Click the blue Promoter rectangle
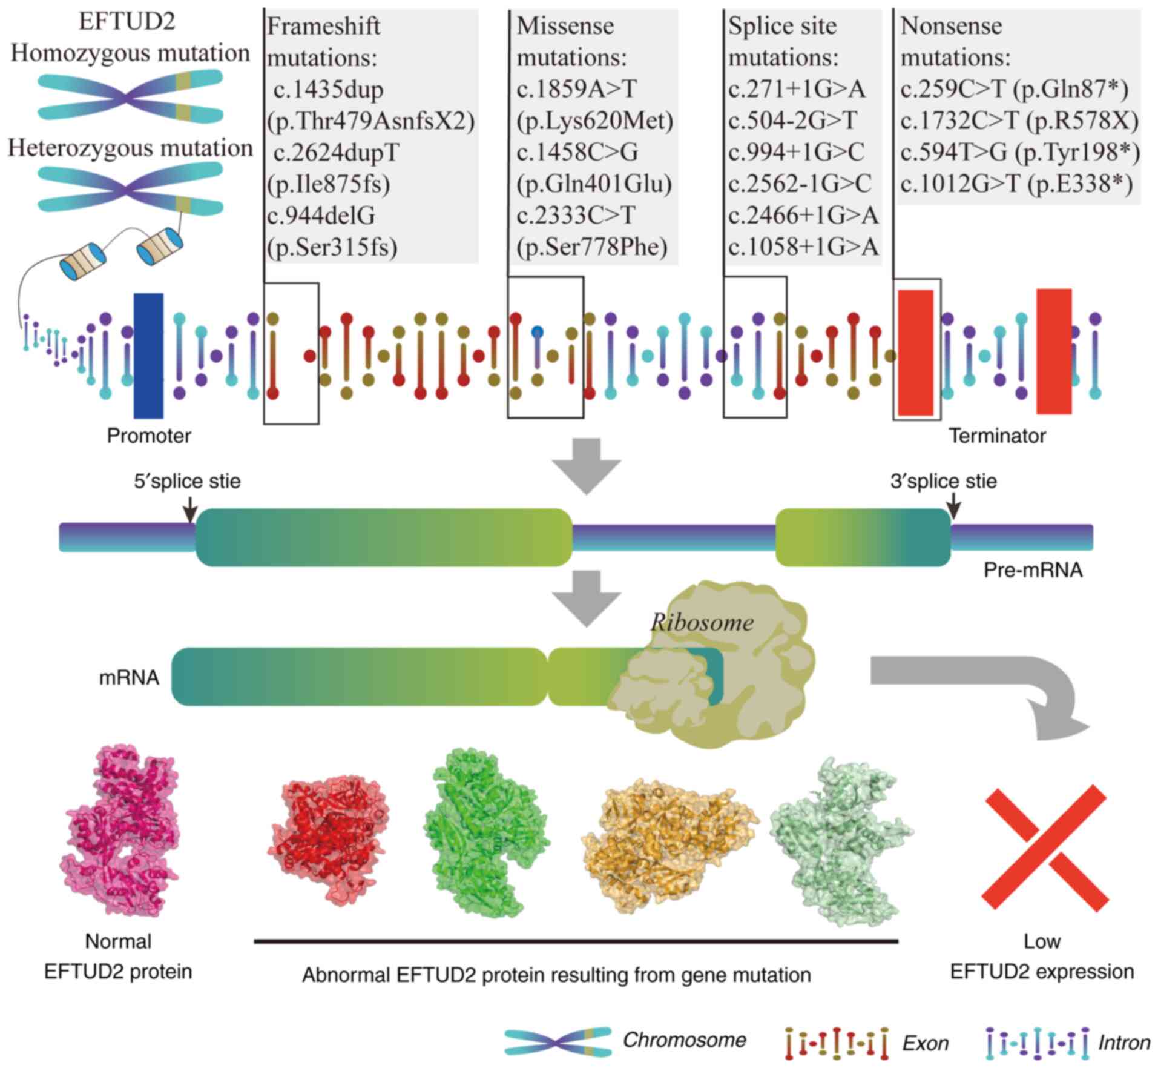coord(148,356)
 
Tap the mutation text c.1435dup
coord(328,90)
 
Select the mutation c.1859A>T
coord(576,90)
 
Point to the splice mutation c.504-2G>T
coord(792,121)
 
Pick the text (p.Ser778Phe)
coord(591,247)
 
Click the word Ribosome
coord(702,622)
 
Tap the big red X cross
coord(1045,848)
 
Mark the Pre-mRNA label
coord(1033,570)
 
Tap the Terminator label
coord(997,436)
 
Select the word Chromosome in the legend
coord(684,1040)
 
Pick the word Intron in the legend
coord(1124,1042)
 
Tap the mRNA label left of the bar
coord(129,677)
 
